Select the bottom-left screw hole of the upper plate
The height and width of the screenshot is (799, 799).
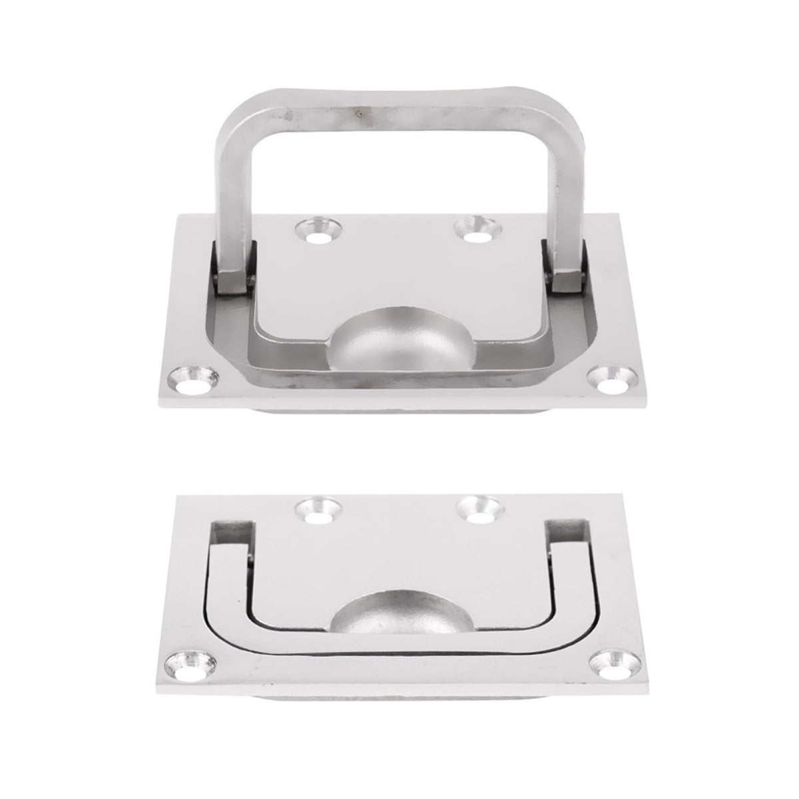(193, 382)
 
